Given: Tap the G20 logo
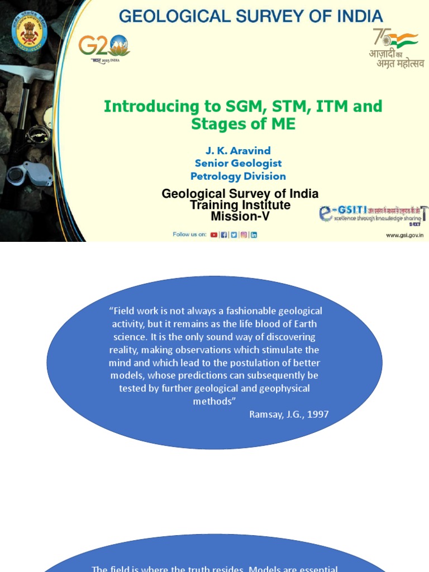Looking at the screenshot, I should (103, 47).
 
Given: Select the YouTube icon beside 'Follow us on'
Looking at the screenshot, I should (214, 235).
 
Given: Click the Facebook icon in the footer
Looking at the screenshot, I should (224, 235).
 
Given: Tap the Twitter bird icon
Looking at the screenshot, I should (234, 235).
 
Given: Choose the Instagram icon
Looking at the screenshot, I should (244, 235).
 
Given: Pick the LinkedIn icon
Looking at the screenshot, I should (254, 235).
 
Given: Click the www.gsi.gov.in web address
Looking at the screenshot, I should (404, 235).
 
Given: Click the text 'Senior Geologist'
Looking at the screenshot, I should (238, 163).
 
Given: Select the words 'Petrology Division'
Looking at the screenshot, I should (238, 176).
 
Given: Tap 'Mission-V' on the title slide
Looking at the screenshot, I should (240, 216).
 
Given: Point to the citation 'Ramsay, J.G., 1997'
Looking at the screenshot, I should (289, 414).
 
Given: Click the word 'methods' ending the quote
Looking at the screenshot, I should (212, 401).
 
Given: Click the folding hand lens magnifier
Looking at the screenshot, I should (25, 176).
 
